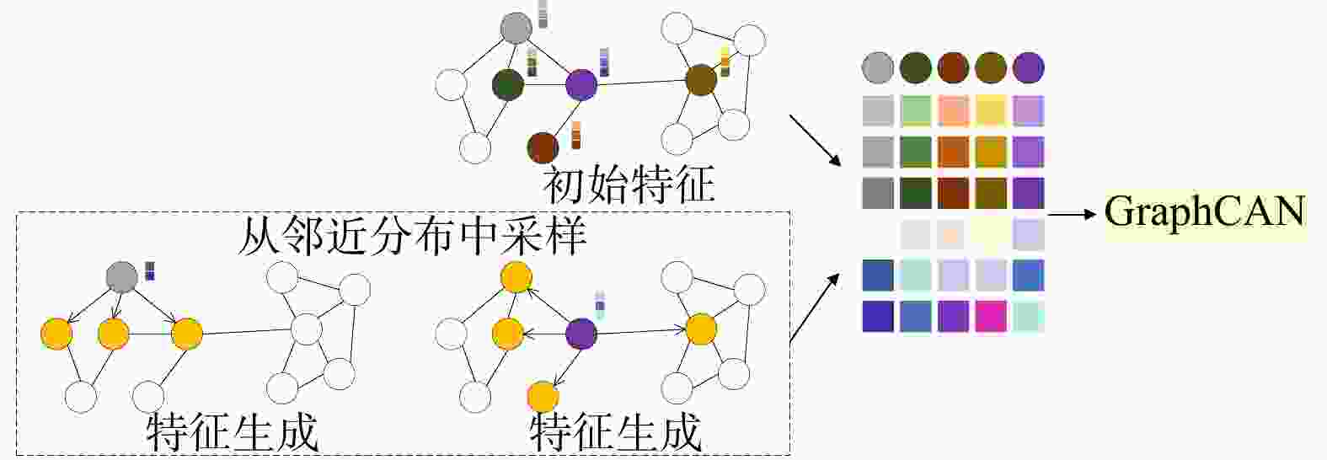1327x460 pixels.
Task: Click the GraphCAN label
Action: pos(1204,212)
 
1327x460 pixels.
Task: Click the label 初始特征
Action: pos(629,184)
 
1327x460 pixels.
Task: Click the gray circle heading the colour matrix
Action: pos(878,68)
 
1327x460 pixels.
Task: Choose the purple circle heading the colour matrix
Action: pos(1028,68)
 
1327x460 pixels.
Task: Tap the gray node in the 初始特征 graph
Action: pos(516,28)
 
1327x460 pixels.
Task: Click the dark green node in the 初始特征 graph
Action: pos(508,84)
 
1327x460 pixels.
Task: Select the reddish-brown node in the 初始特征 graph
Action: pos(543,147)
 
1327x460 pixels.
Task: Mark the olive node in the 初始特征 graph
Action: pos(700,80)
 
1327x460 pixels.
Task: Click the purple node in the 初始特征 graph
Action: pos(581,84)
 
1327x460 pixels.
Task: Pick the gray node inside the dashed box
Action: pos(122,276)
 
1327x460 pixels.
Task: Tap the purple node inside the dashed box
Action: pos(581,334)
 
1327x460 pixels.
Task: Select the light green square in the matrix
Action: pos(915,110)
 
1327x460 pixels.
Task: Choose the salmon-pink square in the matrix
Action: pos(953,110)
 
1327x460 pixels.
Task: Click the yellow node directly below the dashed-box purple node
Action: pos(543,396)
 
